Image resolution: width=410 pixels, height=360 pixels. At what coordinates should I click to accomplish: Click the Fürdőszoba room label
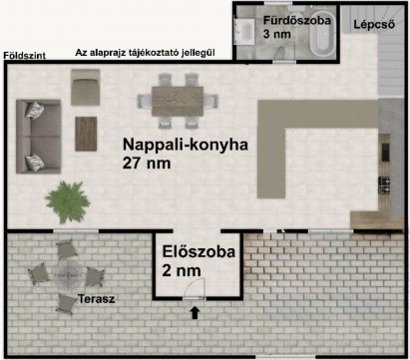coord(297,21)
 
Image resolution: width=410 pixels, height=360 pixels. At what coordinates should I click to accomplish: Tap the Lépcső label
coord(374,24)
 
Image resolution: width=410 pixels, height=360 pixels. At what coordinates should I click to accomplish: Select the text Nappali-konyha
coord(186,145)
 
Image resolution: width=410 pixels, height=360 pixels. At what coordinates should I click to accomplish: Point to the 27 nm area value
coord(147,163)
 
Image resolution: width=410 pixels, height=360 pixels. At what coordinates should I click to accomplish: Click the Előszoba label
coord(199,251)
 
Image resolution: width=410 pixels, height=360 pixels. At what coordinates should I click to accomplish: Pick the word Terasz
coord(97,299)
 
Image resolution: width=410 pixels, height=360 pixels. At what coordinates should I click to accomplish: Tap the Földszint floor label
coord(25,56)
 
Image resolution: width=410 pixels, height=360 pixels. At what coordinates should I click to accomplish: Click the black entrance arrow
coord(195,313)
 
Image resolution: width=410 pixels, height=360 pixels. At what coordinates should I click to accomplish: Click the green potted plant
coord(68,201)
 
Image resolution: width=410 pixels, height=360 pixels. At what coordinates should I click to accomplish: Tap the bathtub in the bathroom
coord(321,37)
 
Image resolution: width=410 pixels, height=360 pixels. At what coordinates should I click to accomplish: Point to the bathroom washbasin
coord(243,32)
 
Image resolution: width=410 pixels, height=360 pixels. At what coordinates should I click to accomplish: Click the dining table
coord(178,101)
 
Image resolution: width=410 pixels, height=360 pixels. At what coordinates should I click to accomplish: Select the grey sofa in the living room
coord(39,137)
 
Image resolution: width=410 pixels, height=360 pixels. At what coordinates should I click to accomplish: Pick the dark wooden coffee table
coord(86,134)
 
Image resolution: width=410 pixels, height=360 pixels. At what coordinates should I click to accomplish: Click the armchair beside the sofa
coord(86,87)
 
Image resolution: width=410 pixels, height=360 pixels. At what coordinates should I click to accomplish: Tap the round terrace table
coord(68,274)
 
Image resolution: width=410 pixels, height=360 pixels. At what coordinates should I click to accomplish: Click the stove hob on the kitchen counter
coord(384,185)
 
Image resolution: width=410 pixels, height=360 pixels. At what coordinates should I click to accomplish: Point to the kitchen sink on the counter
coord(385,153)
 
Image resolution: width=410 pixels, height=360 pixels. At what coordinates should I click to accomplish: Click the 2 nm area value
coord(182,270)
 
